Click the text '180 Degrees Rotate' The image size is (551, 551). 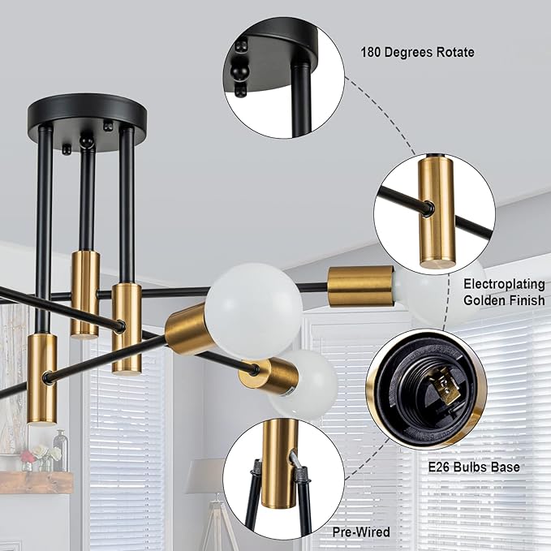pyautogui.click(x=417, y=53)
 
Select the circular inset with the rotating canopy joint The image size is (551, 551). pyautogui.click(x=284, y=77)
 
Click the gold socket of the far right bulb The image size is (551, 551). pyautogui.click(x=360, y=286)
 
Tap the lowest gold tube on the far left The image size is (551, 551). pyautogui.click(x=42, y=377)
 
